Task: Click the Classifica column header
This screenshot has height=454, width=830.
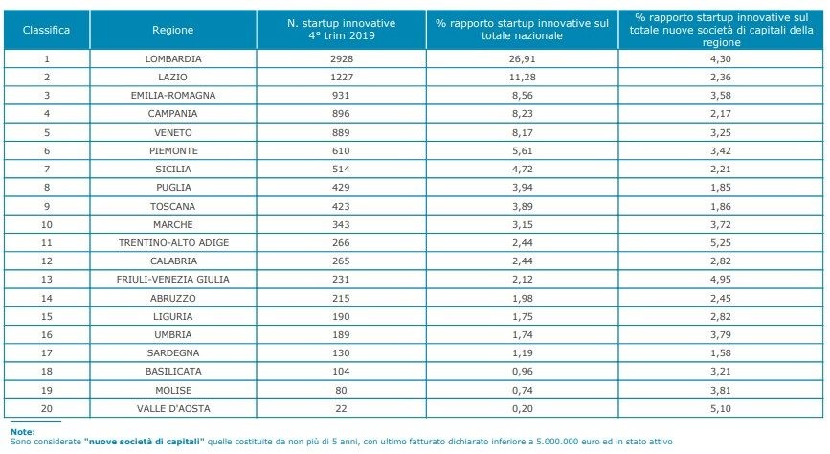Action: coord(46,30)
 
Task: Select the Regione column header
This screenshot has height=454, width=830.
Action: coord(172,30)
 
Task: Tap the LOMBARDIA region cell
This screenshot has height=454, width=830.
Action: coord(172,57)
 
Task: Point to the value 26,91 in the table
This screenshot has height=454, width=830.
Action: coord(522,57)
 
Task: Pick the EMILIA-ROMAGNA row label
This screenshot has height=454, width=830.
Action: coord(172,95)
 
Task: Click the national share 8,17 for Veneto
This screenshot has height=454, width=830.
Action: coord(522,131)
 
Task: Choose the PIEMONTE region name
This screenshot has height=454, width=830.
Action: coord(172,149)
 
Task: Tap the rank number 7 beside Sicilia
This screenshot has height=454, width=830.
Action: coord(46,169)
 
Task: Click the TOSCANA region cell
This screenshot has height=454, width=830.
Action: coord(172,205)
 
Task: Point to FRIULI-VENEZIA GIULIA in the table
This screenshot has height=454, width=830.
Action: coord(172,279)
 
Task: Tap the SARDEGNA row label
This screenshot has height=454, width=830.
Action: coord(172,352)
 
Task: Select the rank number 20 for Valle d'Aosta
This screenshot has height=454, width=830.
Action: coord(46,407)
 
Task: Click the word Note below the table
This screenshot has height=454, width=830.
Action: coord(22,432)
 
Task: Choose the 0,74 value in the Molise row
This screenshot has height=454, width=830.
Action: coord(522,389)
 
